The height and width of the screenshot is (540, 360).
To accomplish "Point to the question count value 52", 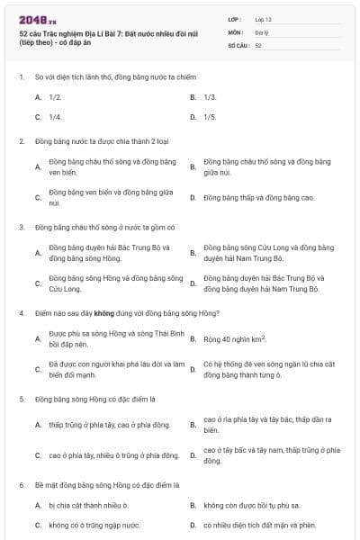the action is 258,44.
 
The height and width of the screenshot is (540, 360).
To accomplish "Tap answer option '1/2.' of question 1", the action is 56,96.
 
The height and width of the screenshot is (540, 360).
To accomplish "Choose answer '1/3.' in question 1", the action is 210,96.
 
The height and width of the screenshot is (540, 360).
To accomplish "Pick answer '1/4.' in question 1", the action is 56,117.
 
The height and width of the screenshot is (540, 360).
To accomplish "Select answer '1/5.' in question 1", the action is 210,117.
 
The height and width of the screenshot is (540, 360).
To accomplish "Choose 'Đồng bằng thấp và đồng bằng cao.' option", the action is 258,197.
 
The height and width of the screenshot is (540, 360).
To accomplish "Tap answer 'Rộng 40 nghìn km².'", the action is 234,339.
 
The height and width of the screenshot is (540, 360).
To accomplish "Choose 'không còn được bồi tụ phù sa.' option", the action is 253,505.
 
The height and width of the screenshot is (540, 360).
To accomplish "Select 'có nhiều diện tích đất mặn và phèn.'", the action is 260,525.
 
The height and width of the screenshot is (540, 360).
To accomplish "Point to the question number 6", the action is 21,484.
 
